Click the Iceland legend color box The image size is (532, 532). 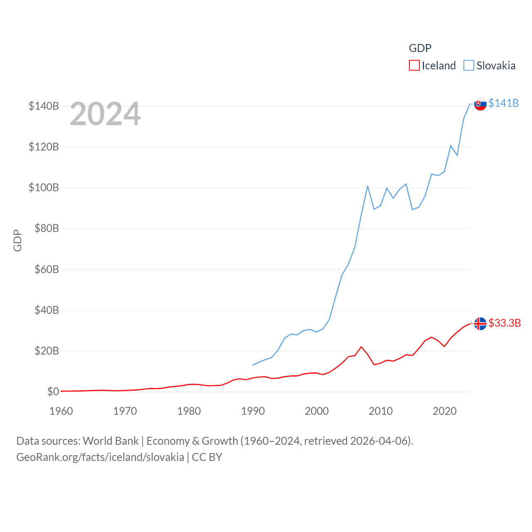point(414,66)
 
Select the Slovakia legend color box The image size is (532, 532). point(469,66)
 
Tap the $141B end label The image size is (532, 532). point(503,103)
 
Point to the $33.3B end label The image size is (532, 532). point(505,323)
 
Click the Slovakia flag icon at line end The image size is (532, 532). point(480,104)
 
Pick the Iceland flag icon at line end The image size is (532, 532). point(480,323)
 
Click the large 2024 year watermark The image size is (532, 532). point(105,114)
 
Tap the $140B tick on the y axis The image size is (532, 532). point(44,106)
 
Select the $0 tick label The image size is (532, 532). point(53,392)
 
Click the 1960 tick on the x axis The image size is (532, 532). point(61,411)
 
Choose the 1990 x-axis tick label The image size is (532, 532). point(253,411)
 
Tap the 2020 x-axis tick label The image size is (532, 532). point(444,411)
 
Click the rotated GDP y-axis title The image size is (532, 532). point(17,240)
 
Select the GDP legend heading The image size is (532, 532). point(420,48)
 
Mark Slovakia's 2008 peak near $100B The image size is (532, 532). point(368,186)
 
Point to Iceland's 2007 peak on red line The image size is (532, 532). point(361,347)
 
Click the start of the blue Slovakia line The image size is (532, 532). point(253,365)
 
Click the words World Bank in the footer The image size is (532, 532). point(111,441)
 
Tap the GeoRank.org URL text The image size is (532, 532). point(100,457)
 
